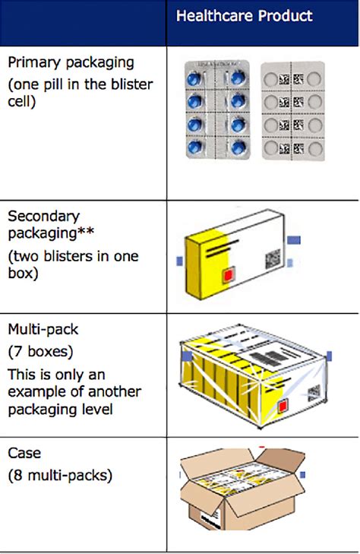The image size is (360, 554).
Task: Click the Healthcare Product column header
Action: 244,16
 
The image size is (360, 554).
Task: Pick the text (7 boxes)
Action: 35,352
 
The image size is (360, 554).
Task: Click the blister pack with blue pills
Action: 219,109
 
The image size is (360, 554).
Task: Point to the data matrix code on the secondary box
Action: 272,261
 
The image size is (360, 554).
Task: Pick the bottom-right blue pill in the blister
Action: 238,145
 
